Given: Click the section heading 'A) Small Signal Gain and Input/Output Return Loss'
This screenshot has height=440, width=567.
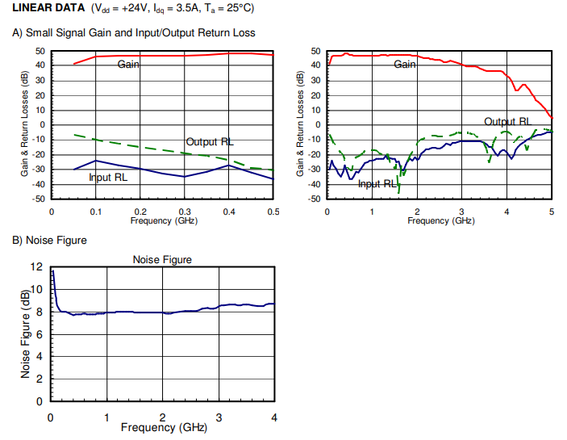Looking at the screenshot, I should click(133, 33).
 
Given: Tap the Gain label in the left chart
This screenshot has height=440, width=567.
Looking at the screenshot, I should click(129, 64).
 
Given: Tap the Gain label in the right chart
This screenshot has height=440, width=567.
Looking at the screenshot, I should click(405, 64).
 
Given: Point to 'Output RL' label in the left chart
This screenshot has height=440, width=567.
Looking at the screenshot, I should click(210, 142).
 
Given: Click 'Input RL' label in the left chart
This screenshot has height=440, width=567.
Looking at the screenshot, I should click(108, 177).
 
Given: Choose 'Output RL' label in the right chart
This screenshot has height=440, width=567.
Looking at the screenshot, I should click(507, 122).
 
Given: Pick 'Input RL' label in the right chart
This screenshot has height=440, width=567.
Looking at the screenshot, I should click(377, 184).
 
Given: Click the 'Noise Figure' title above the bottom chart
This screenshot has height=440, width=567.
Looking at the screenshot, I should click(162, 259).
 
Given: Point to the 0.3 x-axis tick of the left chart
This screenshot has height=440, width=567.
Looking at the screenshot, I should click(185, 212).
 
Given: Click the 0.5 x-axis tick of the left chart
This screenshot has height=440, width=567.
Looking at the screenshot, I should click(273, 212).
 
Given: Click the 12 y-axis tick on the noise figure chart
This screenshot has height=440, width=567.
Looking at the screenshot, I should click(36, 267).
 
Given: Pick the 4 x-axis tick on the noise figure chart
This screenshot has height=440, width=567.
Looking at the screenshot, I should click(274, 417).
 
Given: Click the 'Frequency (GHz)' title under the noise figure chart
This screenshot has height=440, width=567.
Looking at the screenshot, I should click(164, 427).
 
